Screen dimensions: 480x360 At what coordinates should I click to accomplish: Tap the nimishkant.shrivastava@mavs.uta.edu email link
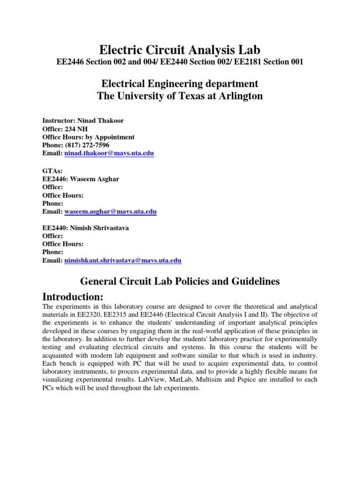pos(122,260)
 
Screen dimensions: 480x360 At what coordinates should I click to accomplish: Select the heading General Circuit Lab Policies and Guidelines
pos(180,281)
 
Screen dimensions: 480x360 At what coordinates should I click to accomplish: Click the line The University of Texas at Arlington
pos(180,96)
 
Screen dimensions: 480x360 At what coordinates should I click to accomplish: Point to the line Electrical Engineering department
pos(180,84)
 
